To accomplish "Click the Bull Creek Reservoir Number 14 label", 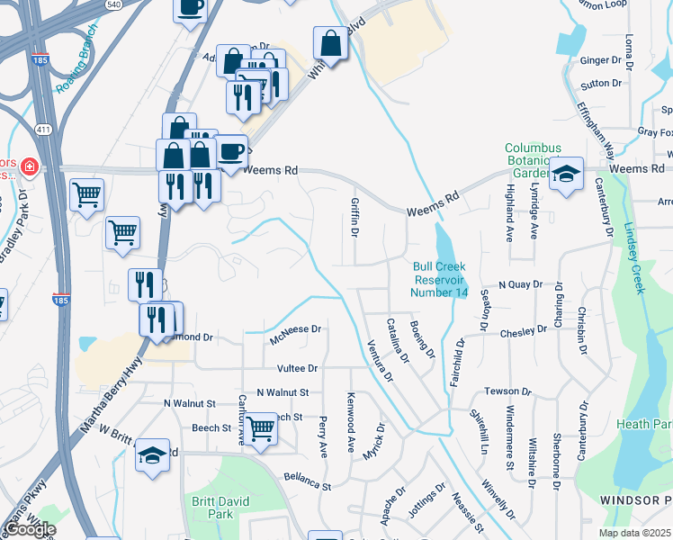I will [440, 279].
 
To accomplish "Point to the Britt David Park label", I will [213, 508].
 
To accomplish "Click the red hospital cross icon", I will [30, 166].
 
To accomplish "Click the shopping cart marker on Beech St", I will [261, 429].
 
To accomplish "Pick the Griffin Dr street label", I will [355, 218].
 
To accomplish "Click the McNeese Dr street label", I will [295, 330].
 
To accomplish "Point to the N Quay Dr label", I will [520, 284].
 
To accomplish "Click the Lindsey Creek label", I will [631, 256].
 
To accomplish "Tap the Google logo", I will [30, 529].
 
